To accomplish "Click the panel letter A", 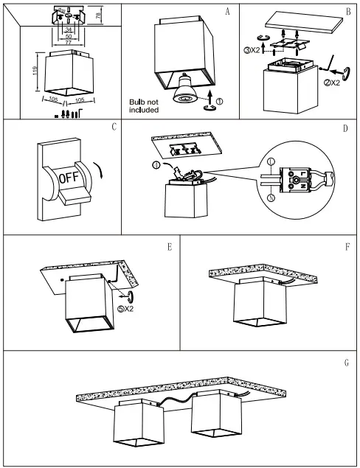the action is coord(228,12).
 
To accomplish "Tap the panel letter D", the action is coord(345,128).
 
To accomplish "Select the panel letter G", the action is coord(347,363).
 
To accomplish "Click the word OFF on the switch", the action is coord(69,178).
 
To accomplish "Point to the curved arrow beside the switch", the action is coord(99,170).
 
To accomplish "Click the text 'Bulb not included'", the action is coord(144,106).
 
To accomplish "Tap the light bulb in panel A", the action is coord(185,88).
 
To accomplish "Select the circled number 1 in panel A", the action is coord(219,102).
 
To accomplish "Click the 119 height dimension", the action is coord(35,71).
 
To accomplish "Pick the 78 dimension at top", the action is coord(99,14).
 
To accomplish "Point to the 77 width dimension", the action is coord(69,43).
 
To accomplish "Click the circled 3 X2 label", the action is coord(252,50).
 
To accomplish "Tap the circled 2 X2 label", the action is coord(332,83).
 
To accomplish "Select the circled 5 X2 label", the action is coord(125,309).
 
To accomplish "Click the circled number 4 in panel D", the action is coord(156,165).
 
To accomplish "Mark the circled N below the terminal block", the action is coord(271,198).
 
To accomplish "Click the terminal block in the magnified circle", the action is coord(295,179).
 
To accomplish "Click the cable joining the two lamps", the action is coord(176,399).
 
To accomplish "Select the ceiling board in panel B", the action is coord(305,22).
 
